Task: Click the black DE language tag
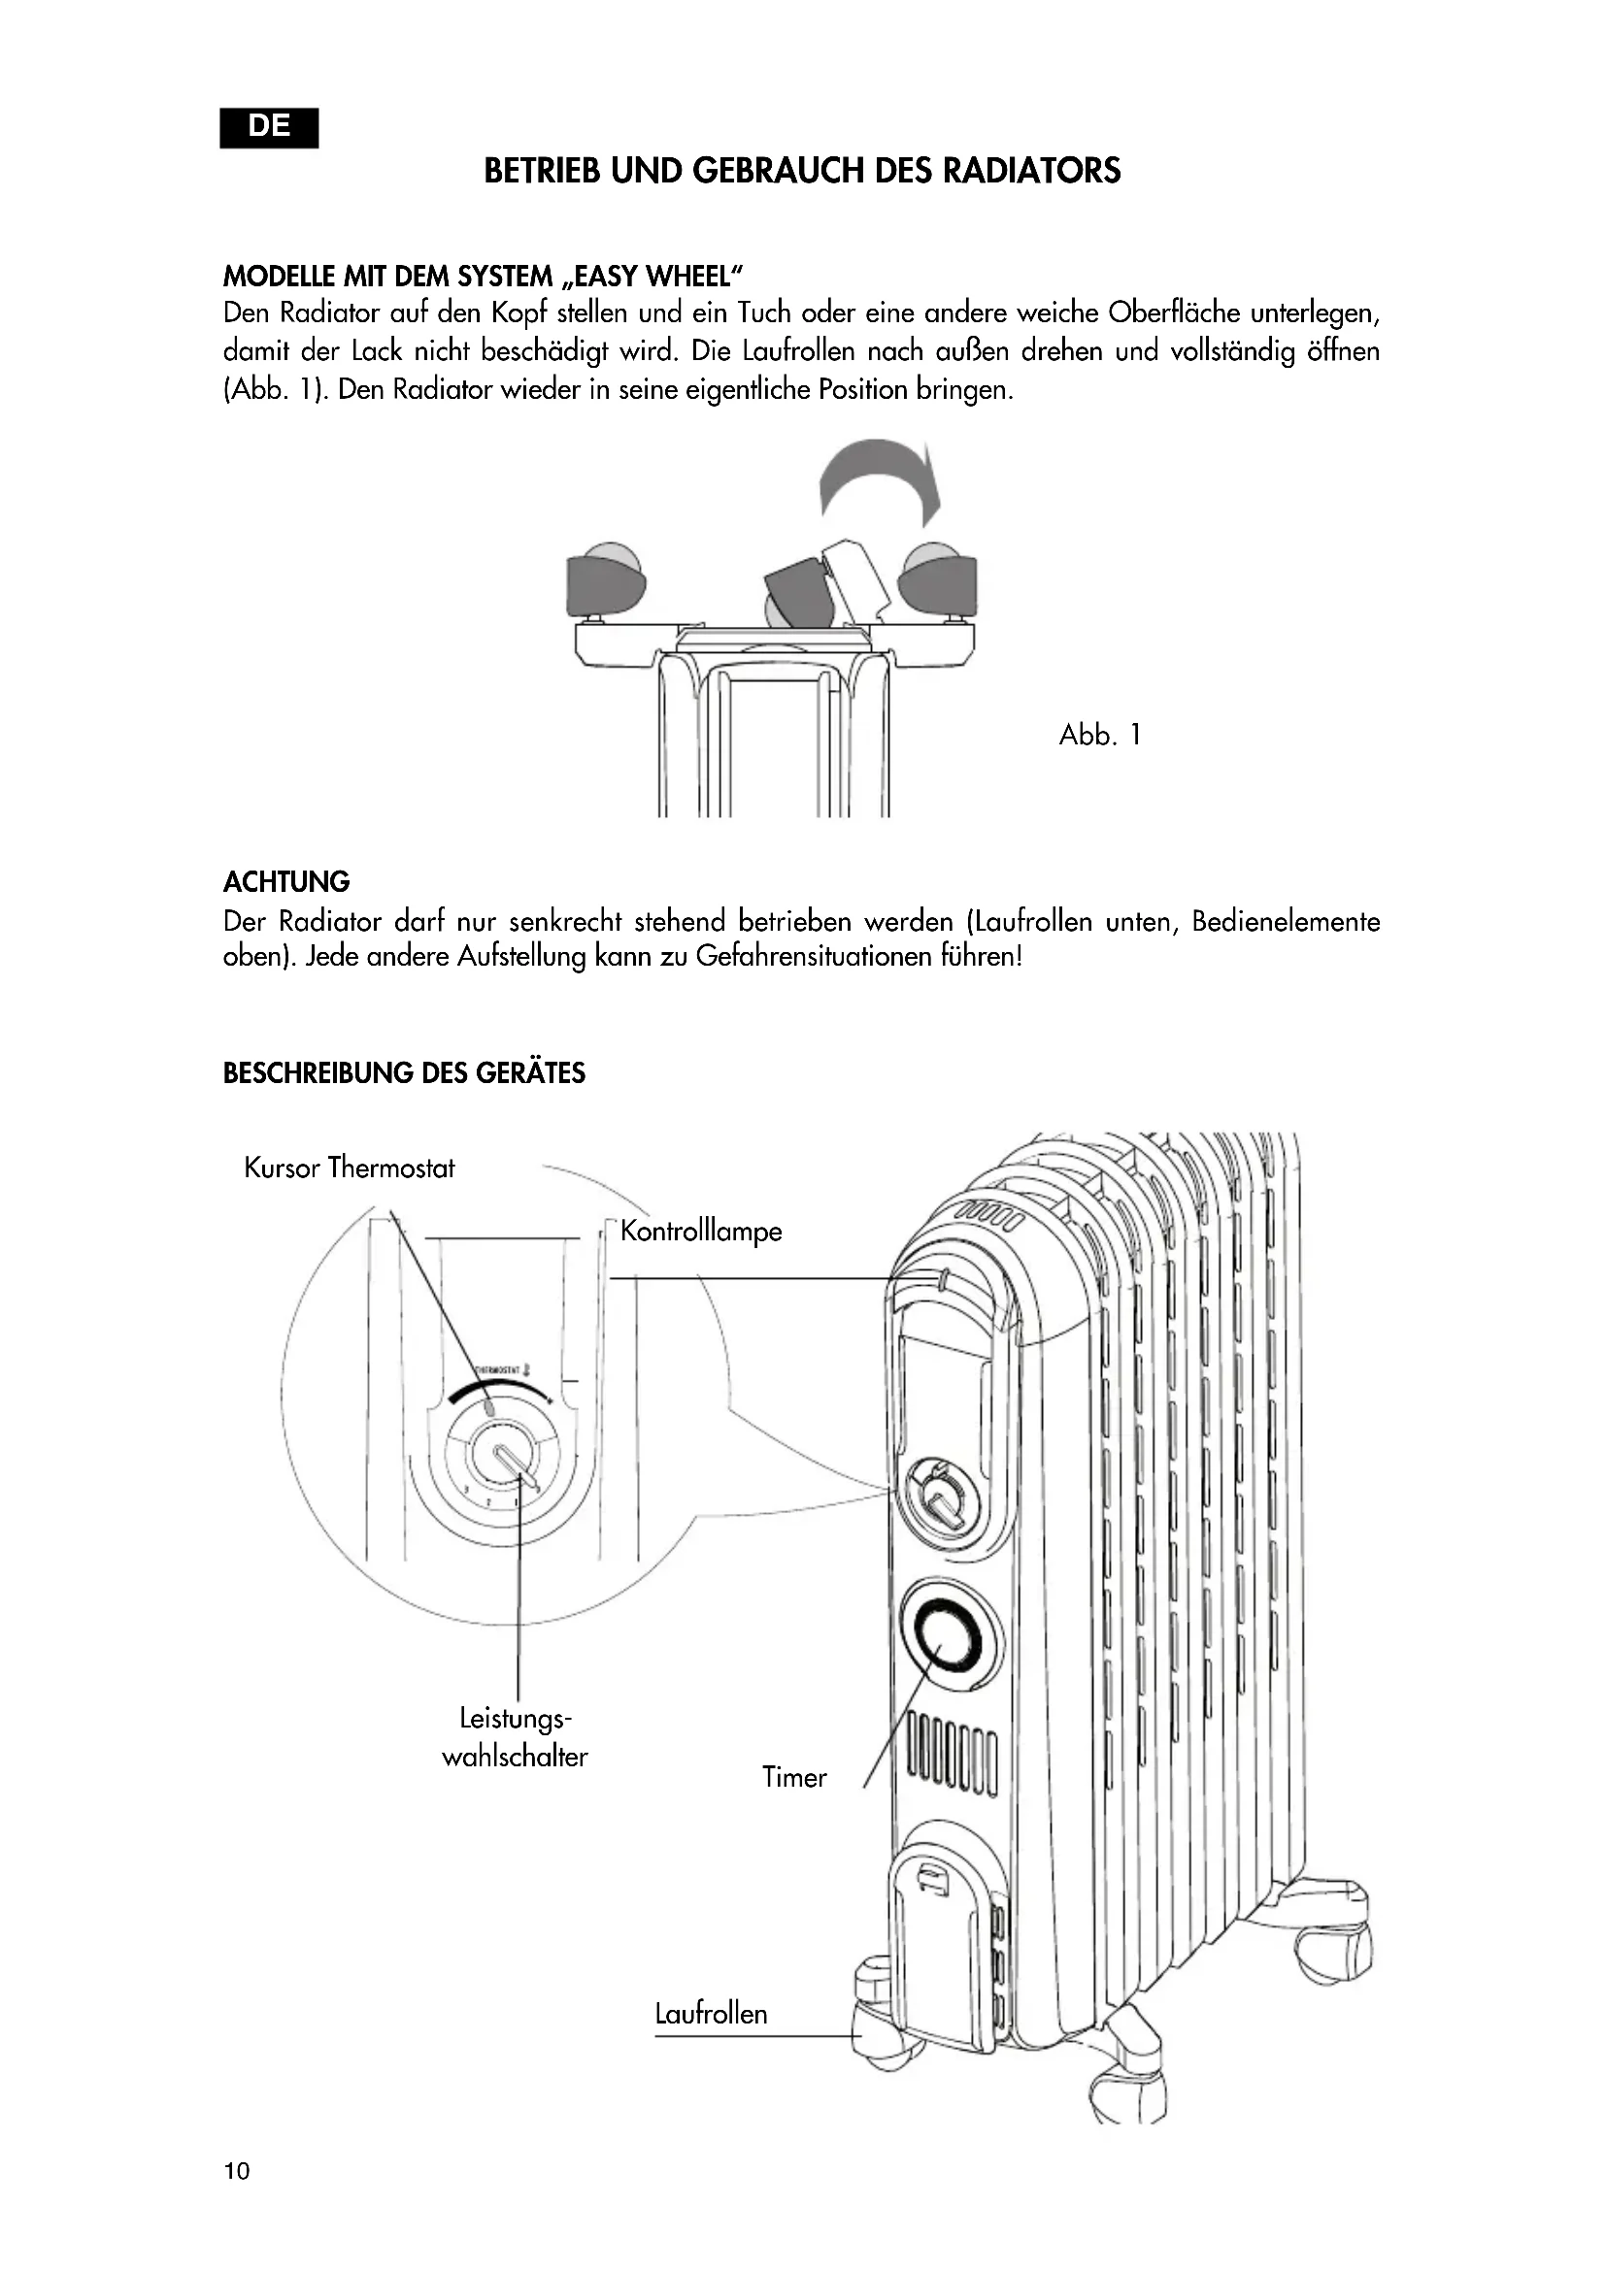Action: (269, 127)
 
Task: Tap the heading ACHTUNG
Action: (286, 882)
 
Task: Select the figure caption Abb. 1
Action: (1100, 735)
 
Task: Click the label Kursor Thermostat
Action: (350, 1168)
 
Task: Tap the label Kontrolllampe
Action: (701, 1231)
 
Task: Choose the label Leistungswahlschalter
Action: (515, 1737)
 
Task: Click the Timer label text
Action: (794, 1777)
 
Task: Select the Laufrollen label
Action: (711, 2013)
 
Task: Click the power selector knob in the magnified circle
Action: (504, 1458)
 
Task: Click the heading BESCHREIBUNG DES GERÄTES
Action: (404, 1073)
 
